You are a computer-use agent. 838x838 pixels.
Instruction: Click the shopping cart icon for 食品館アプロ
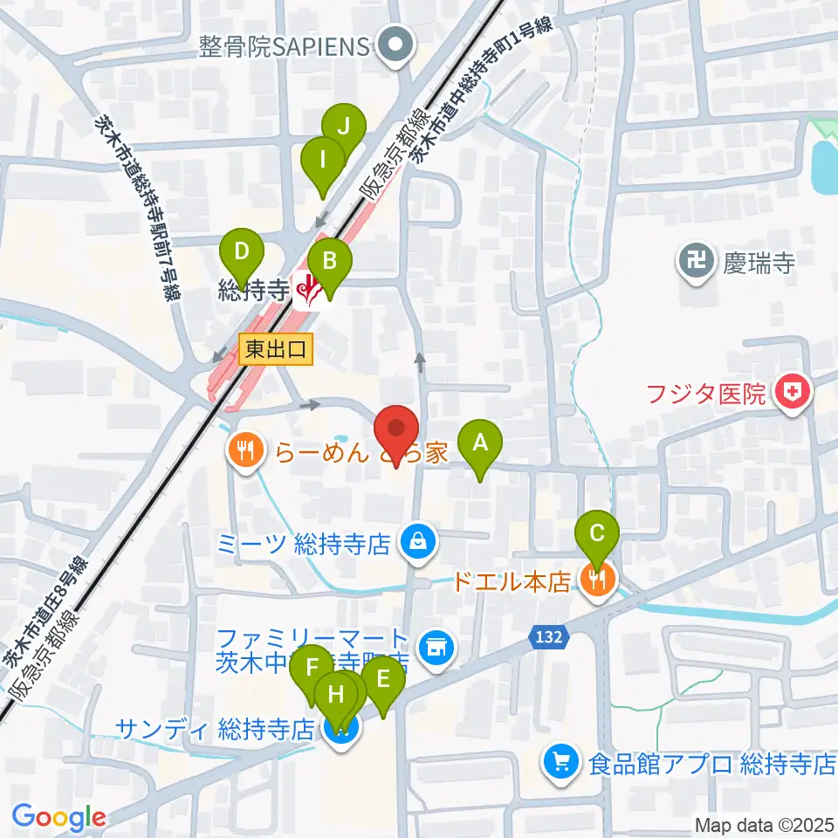(559, 762)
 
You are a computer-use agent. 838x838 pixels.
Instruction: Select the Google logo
(58, 817)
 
